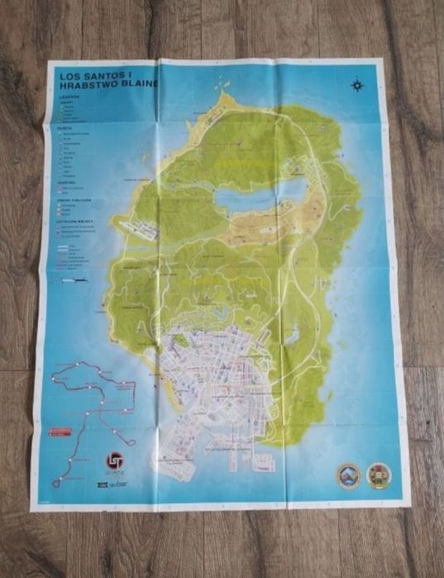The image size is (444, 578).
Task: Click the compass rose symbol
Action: [356, 83]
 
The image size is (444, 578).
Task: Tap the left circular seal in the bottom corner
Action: [348, 475]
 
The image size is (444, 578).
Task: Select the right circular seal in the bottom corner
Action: [380, 475]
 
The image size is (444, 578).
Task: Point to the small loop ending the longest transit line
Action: [59, 482]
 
